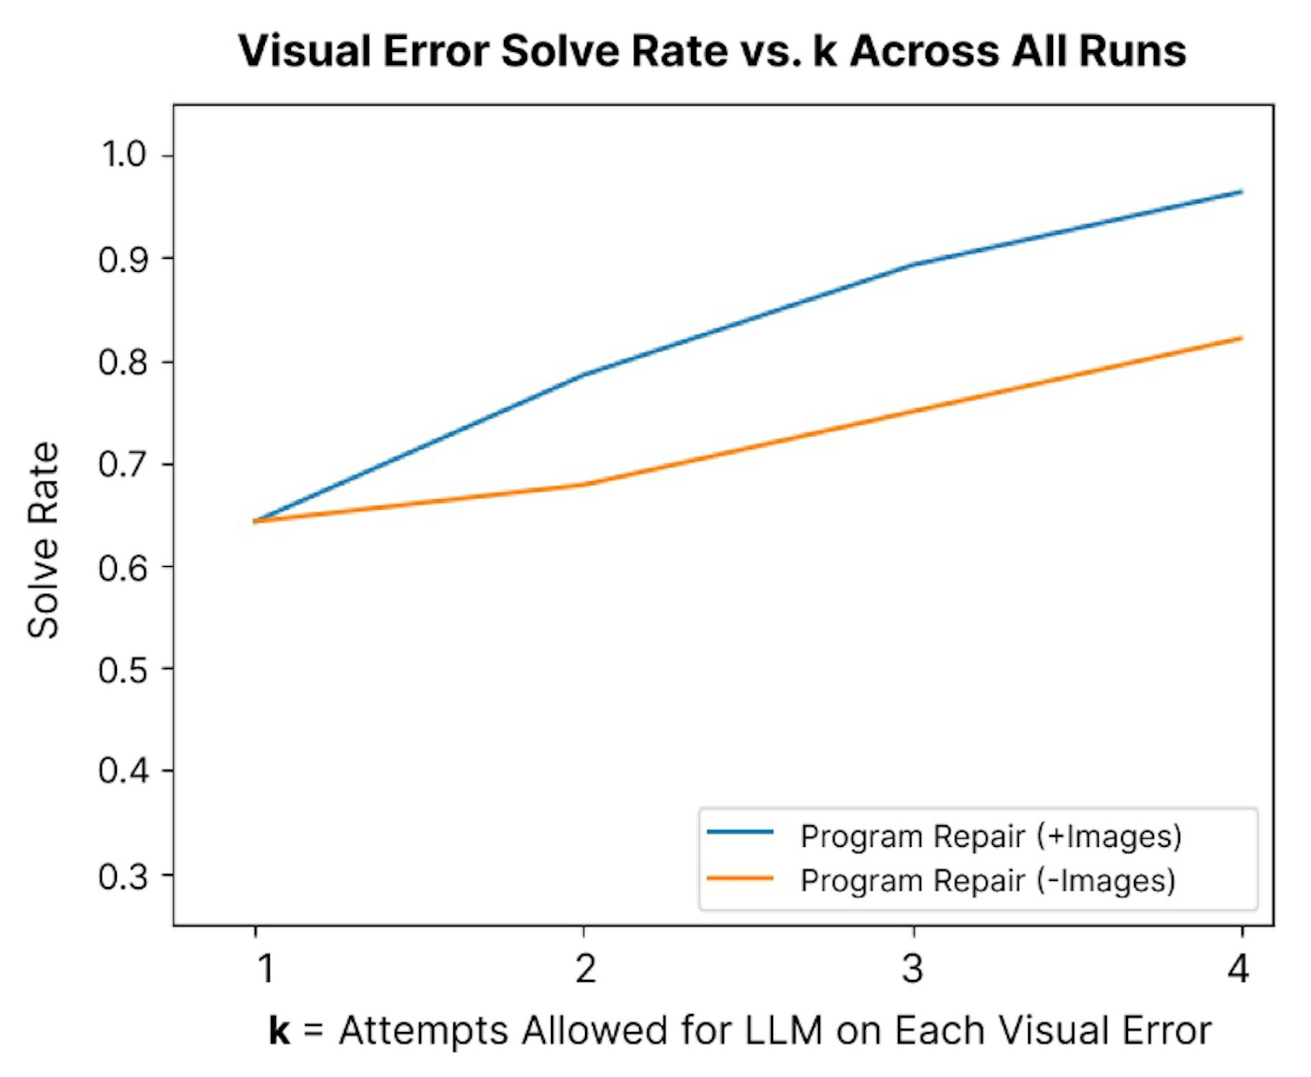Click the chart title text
(711, 51)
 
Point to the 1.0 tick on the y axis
(124, 155)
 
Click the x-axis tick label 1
(265, 968)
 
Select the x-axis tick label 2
(585, 968)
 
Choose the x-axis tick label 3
(912, 968)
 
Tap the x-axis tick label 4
(1239, 968)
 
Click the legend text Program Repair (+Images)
(991, 836)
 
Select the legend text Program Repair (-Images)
(987, 880)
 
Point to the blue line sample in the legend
(739, 832)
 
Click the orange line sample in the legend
(739, 878)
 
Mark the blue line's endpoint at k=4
(1240, 192)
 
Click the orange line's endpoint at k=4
(1240, 338)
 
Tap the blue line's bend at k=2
(584, 374)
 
